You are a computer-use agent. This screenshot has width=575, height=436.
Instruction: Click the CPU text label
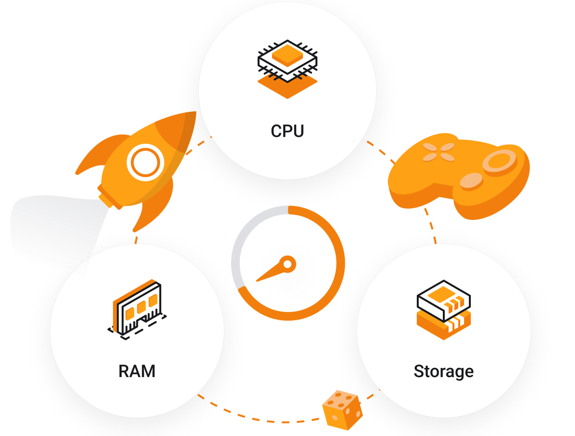287,131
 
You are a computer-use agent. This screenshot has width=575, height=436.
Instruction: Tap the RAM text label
137,371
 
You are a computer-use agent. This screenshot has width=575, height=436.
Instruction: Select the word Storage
443,371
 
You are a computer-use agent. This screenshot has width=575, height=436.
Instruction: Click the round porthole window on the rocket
144,163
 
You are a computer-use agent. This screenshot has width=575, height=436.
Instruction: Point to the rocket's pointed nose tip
194,114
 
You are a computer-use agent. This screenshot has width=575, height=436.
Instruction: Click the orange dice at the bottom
342,409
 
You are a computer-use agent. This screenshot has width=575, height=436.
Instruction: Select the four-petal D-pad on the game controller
438,151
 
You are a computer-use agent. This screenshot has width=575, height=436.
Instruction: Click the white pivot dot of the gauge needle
287,264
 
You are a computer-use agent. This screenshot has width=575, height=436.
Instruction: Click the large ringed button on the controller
500,161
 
